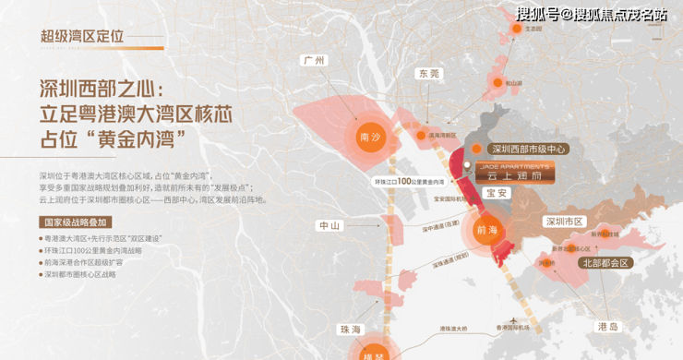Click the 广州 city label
click(x=314, y=61)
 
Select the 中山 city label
click(x=330, y=224)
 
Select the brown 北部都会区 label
click(x=604, y=263)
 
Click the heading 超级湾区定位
click(x=81, y=36)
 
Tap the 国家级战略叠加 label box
click(x=78, y=222)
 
